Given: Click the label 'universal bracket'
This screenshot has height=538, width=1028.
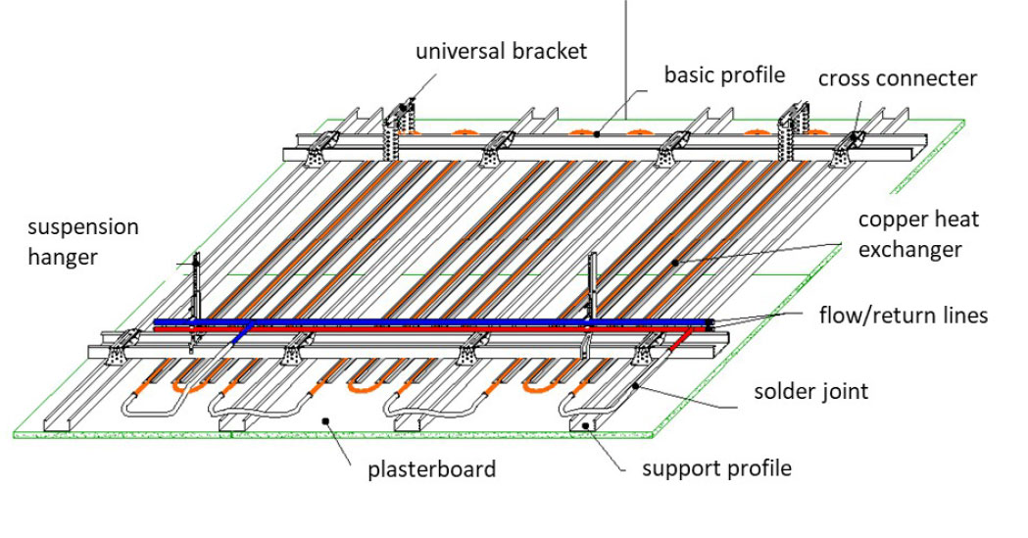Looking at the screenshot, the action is click(x=502, y=50).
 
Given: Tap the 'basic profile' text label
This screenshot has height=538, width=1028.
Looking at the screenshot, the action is click(x=724, y=74).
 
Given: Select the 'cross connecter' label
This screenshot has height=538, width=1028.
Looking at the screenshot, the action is click(x=898, y=78).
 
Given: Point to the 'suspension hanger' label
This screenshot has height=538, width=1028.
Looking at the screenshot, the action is click(x=82, y=242).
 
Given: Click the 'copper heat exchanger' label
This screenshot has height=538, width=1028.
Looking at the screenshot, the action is click(x=918, y=234).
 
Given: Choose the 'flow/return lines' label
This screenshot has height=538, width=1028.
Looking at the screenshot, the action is click(x=904, y=316).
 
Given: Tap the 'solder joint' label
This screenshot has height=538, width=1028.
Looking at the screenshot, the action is click(x=811, y=391).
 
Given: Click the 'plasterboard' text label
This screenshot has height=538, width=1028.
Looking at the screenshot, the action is click(x=431, y=469).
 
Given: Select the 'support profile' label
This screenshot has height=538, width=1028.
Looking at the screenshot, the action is click(x=716, y=468).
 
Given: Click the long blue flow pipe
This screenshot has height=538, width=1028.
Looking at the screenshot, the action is click(x=434, y=321).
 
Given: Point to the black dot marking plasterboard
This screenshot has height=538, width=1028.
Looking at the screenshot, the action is click(x=325, y=420).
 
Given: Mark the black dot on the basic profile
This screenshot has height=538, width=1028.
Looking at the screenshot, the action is click(x=596, y=134).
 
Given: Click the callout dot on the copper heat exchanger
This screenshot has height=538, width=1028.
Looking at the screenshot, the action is click(x=674, y=263).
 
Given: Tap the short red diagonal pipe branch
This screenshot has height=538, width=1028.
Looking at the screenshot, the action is click(x=679, y=339).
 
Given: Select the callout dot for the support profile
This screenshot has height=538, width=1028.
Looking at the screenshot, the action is click(x=585, y=426).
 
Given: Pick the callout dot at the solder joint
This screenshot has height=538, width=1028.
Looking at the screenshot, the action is click(x=636, y=387).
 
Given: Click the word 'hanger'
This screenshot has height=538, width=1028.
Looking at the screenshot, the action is click(x=63, y=256).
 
